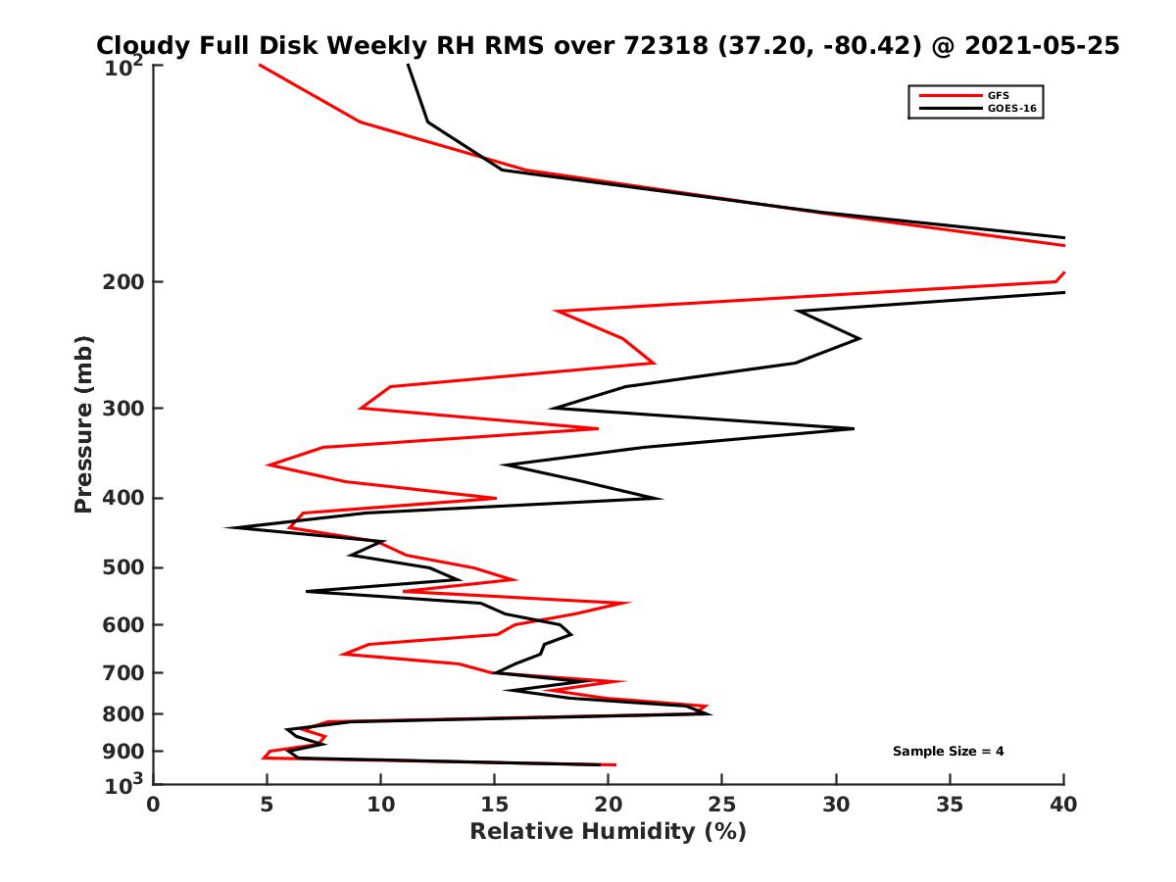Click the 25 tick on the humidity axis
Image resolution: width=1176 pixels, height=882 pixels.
pos(722,805)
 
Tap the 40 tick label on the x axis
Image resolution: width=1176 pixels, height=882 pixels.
pos(1063,805)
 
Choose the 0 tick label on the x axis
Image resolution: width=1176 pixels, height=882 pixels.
pos(154,805)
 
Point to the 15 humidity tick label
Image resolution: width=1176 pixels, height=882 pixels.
pos(495,805)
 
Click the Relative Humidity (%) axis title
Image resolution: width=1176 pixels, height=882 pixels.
pos(608,832)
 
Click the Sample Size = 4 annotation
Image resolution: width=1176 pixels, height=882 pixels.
pos(948,752)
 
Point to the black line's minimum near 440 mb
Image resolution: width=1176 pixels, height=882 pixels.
pos(227,528)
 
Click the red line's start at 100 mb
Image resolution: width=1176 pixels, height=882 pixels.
pos(260,66)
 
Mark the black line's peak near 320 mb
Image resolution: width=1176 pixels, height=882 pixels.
pos(854,428)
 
